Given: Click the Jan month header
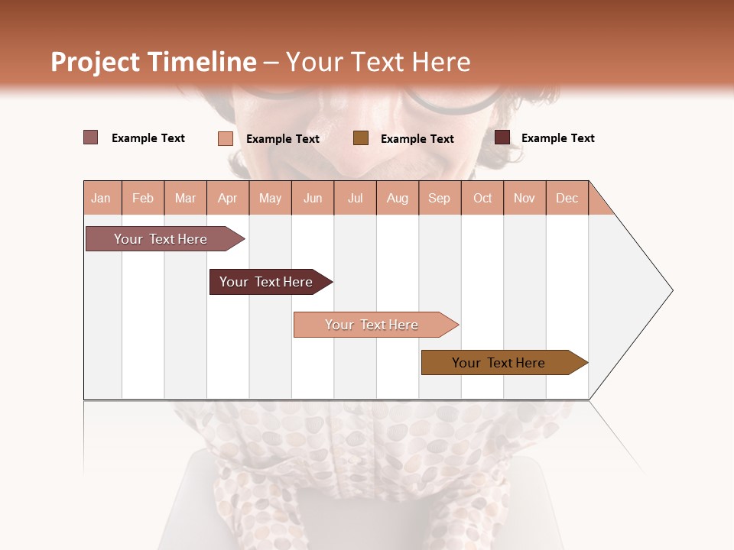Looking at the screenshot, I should point(102,198).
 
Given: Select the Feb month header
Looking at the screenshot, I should point(143,198).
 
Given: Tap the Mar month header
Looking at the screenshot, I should point(185,198).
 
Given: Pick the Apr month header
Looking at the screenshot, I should point(228,198).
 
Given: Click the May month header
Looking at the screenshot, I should point(270,198).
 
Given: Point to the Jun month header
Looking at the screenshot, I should point(313,198).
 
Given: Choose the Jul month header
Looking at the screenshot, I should point(355,198).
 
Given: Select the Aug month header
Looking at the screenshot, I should point(398,198).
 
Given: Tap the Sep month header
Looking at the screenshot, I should point(440,198).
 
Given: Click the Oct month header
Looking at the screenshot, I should point(482,198).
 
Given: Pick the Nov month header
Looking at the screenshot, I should point(525,198).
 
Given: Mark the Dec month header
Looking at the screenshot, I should point(567,198).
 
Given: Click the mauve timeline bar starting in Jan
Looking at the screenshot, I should point(161,239).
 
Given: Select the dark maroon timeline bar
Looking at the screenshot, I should point(267,282).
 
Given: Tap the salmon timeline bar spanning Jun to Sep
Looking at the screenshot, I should point(372,325).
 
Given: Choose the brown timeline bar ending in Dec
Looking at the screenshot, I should point(499,363).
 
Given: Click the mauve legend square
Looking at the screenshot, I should point(91,137).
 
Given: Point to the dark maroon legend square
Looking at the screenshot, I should point(502,137).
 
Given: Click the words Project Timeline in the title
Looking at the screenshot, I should point(154,62).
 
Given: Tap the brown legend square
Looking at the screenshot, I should point(361,137).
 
